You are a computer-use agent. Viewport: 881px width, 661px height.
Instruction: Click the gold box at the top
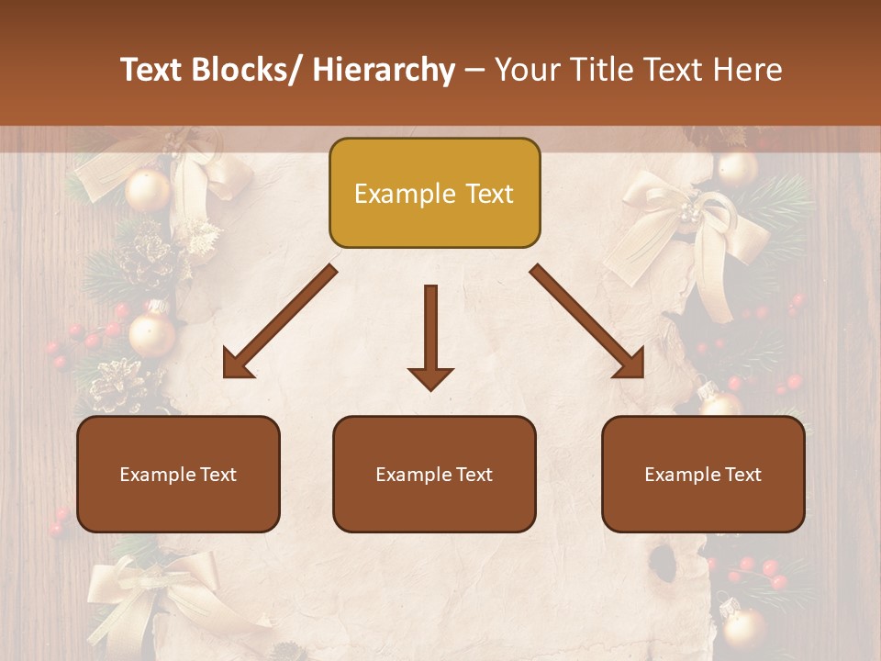point(434,193)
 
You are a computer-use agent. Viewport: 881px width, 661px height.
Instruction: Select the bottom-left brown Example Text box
point(178,474)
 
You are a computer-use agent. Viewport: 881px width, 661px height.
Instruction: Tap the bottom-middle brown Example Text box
point(434,474)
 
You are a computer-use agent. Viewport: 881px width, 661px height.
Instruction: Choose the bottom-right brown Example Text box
point(703,474)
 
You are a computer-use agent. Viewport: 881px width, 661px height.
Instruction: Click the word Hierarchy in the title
point(383,70)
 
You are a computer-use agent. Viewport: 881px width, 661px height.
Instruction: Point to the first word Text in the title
point(153,70)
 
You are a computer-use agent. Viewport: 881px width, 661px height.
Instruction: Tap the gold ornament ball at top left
point(148,190)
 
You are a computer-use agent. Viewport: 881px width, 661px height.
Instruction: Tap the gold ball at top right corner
point(737,168)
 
